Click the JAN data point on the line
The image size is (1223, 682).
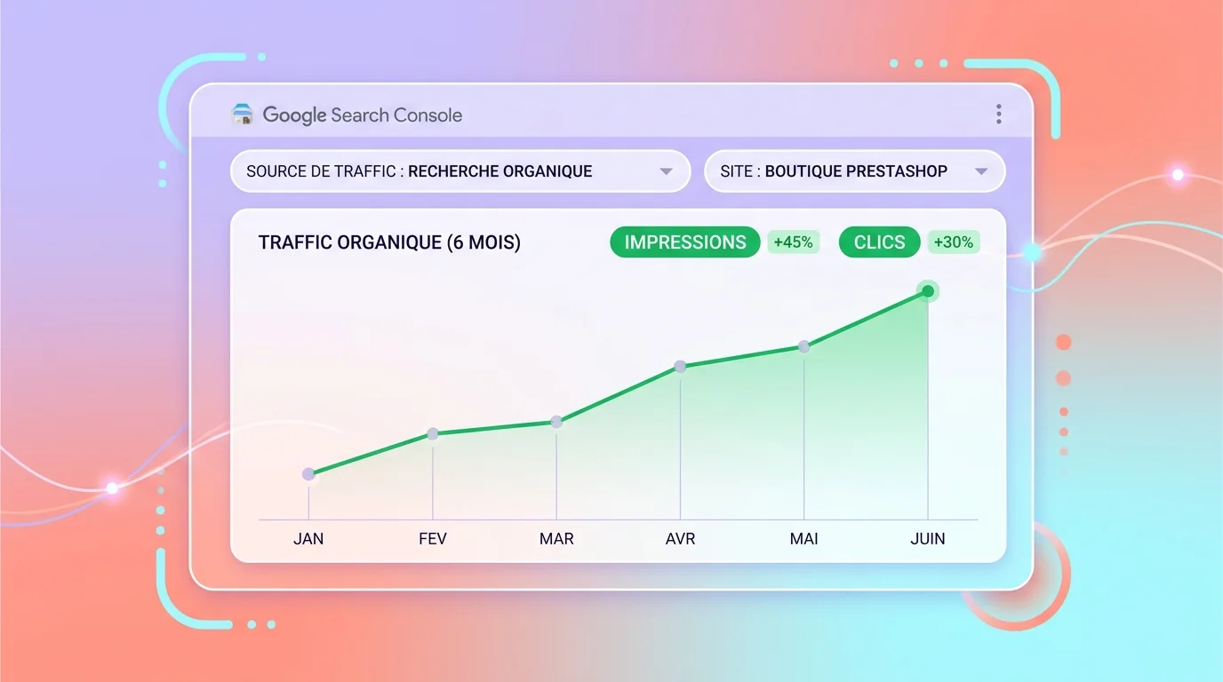(308, 474)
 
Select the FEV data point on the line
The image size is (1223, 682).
(433, 434)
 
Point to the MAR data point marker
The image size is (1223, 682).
(556, 422)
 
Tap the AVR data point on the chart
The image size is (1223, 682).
(680, 366)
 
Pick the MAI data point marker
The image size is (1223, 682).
(803, 346)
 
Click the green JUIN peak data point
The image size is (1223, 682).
(928, 291)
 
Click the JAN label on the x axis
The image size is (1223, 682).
(308, 539)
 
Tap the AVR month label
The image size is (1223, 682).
(680, 539)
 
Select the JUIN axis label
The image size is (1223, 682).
(928, 539)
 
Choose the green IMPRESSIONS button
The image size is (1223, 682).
(684, 242)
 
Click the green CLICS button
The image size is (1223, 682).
(879, 242)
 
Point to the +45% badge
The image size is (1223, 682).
(793, 242)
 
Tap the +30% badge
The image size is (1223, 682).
(954, 242)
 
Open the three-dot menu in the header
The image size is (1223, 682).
(999, 114)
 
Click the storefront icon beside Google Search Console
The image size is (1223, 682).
(242, 114)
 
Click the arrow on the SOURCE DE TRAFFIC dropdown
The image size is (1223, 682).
(666, 172)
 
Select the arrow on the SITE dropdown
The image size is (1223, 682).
(981, 172)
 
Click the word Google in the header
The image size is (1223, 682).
(294, 115)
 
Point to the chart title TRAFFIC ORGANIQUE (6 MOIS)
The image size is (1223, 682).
(389, 242)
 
